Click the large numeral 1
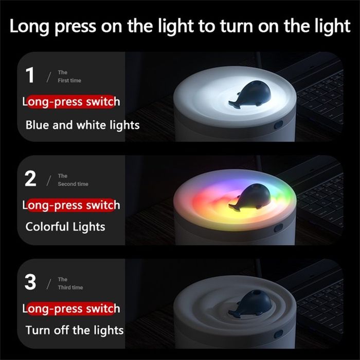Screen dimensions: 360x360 click(x=30, y=75)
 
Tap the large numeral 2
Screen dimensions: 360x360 click(x=30, y=178)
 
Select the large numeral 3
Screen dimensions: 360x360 click(x=30, y=282)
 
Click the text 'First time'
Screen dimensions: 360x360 click(x=69, y=80)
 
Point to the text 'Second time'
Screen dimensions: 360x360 click(x=73, y=184)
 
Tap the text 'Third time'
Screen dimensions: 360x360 click(x=70, y=287)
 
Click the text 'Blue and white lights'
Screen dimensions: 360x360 click(x=82, y=125)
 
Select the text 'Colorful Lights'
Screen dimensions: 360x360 click(x=65, y=227)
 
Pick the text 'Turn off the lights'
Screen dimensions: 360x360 click(x=75, y=330)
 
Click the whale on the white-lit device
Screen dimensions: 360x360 click(x=250, y=94)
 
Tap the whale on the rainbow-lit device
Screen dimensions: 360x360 click(x=250, y=197)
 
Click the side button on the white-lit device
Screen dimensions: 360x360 click(x=279, y=125)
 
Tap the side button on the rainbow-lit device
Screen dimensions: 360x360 click(x=279, y=228)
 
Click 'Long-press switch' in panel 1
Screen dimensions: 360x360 click(x=71, y=102)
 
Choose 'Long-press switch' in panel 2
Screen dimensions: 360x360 click(x=71, y=205)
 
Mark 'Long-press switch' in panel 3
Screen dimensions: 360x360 click(x=71, y=309)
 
